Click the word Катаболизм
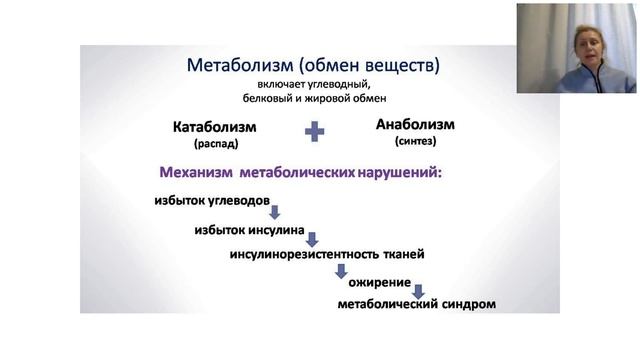(214, 128)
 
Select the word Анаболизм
(415, 125)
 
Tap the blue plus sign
(315, 131)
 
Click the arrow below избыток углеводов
(273, 212)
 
